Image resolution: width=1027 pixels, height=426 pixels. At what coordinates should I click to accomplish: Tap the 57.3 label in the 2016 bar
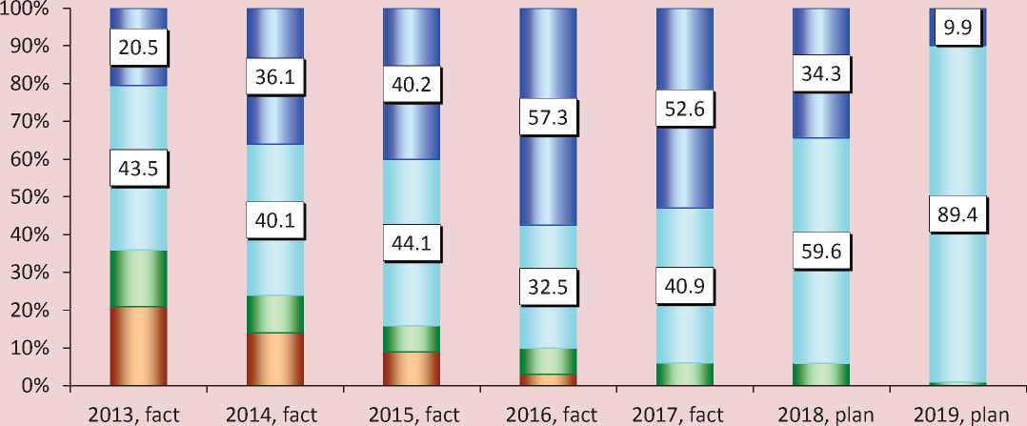(549, 120)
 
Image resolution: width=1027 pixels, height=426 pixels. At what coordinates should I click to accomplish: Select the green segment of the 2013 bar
(138, 278)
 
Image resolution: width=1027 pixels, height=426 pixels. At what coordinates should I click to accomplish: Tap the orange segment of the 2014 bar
(275, 359)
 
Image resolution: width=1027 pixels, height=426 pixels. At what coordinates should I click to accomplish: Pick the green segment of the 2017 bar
(685, 375)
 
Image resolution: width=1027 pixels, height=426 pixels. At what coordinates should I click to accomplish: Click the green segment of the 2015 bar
(412, 339)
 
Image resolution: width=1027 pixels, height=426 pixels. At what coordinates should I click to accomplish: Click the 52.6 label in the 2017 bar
(685, 113)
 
